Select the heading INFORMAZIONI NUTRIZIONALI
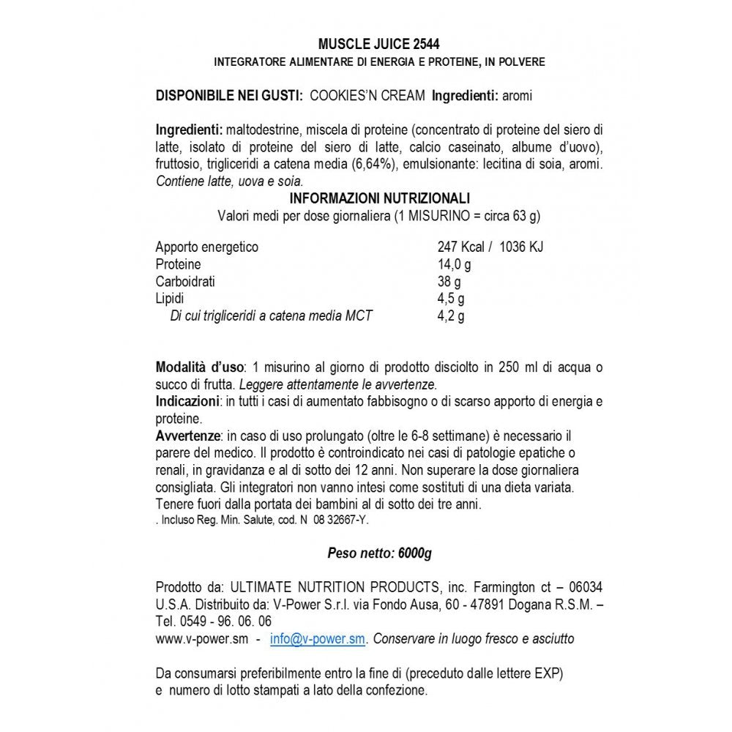pyautogui.click(x=379, y=198)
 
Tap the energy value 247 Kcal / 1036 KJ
pyautogui.click(x=490, y=247)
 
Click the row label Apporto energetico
pyautogui.click(x=207, y=247)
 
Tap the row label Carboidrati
pyautogui.click(x=185, y=282)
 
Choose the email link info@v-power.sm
pyautogui.click(x=317, y=639)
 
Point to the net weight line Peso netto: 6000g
pyautogui.click(x=379, y=553)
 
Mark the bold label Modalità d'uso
pyautogui.click(x=201, y=367)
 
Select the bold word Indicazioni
pyautogui.click(x=187, y=401)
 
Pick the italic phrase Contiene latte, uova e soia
pyautogui.click(x=229, y=182)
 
